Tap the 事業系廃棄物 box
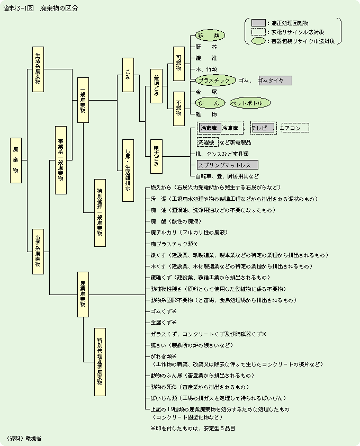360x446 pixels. pos(38,251)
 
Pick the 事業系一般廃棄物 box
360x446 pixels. pos(61,160)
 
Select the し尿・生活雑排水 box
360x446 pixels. pos(128,170)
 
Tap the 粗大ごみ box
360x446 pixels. pos(156,157)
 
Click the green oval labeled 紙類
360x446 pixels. pos(210,35)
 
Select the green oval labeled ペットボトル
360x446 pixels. pos(249,103)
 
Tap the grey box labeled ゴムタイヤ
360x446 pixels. pos(275,81)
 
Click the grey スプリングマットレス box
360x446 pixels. pos(227,165)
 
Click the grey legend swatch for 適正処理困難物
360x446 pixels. pos(258,23)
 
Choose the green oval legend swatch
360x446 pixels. pos(258,41)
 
